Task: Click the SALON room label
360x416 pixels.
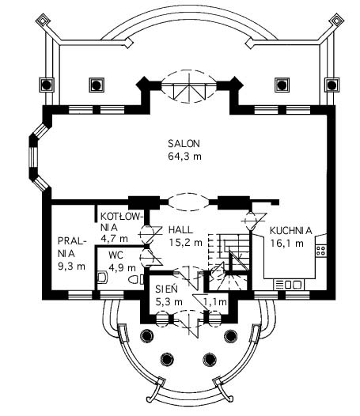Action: click(x=184, y=143)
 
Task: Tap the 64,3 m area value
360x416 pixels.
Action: click(x=185, y=156)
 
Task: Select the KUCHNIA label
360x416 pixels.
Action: click(x=290, y=231)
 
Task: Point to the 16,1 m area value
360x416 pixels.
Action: click(x=287, y=243)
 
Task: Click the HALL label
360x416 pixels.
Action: click(x=180, y=230)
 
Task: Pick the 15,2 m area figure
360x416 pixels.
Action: click(x=186, y=242)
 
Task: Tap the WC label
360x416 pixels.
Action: click(x=116, y=255)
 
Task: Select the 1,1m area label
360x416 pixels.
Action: click(x=215, y=301)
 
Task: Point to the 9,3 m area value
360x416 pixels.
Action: click(x=72, y=266)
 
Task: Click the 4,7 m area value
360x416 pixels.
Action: click(x=114, y=239)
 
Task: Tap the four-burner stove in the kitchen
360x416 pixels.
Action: click(x=321, y=251)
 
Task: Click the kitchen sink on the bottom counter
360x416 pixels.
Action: click(x=289, y=285)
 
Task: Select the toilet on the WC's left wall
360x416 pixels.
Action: click(x=102, y=277)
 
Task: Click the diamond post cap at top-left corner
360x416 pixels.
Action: click(x=43, y=20)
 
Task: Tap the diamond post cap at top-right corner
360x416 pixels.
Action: click(x=336, y=20)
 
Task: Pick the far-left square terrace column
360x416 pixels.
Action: click(x=47, y=85)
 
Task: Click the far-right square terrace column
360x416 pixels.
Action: click(x=332, y=85)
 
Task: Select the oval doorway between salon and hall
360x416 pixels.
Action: click(x=189, y=202)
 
